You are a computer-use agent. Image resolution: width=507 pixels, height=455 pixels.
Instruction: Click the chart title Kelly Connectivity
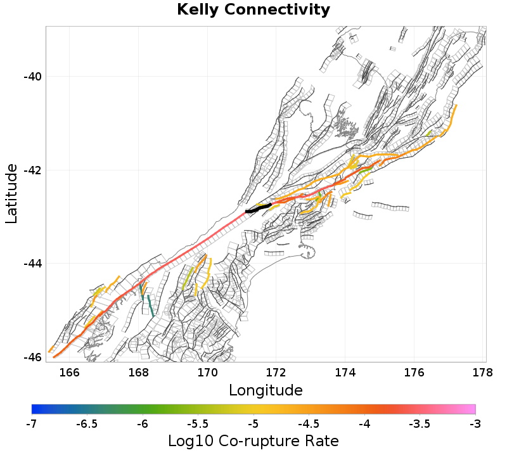tap(253, 10)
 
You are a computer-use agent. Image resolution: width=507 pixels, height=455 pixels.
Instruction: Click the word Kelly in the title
tap(197, 10)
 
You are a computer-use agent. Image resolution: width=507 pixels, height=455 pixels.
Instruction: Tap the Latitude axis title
tap(11, 193)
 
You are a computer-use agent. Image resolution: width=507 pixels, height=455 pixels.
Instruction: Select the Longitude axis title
tap(266, 389)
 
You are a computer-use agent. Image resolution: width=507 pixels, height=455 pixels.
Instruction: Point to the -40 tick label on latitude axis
tap(32, 77)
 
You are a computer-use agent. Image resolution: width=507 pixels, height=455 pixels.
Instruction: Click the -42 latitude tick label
tap(32, 170)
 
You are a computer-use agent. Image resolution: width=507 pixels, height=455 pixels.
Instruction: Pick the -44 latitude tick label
tap(32, 264)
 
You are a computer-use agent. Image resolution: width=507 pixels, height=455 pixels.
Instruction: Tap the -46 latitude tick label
tap(32, 357)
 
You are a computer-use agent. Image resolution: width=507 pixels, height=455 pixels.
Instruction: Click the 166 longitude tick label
tap(70, 372)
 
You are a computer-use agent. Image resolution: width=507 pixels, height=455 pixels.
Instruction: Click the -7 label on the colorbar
tap(32, 423)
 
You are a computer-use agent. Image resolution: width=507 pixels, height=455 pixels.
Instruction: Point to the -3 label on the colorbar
tap(475, 423)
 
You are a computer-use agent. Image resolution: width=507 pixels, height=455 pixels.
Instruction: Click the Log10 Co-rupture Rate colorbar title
tap(253, 441)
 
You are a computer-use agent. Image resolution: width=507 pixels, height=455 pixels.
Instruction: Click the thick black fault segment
tap(259, 208)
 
